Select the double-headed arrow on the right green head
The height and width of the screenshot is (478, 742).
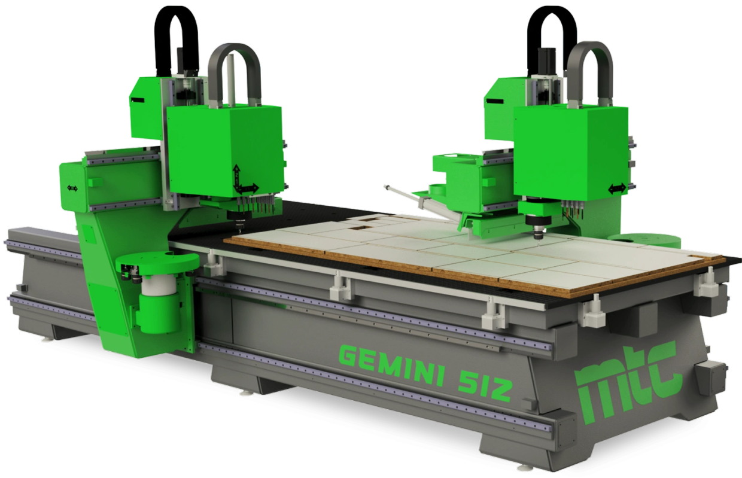tap(617, 188)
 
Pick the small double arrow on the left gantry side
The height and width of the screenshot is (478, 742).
tap(72, 188)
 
